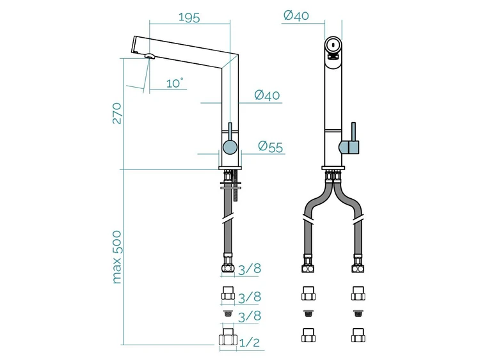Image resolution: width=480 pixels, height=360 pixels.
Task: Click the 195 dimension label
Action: point(189,17)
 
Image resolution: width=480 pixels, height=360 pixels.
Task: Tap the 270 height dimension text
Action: point(117,113)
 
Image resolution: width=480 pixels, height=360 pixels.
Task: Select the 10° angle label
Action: point(175,83)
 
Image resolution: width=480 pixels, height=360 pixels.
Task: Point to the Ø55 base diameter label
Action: point(271,147)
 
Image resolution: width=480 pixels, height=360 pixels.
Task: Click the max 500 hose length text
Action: point(117,257)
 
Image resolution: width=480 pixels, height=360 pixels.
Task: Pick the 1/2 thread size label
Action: point(249,343)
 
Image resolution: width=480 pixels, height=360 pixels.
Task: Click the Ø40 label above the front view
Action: point(296,15)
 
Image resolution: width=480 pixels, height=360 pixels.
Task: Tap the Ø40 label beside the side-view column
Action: point(267,95)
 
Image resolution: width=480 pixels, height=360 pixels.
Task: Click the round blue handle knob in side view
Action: point(230,146)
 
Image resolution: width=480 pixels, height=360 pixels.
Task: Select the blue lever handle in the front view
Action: point(352,141)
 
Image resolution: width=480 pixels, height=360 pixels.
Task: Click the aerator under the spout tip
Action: point(150,56)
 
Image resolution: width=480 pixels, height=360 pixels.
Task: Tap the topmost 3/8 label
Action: point(250,269)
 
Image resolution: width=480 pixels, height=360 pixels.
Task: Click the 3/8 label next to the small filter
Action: point(250,316)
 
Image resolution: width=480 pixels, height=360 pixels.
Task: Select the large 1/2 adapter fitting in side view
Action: point(228,337)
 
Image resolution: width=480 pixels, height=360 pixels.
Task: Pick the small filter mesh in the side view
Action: point(227,313)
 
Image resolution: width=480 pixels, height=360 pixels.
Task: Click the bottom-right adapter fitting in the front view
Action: point(358,335)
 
